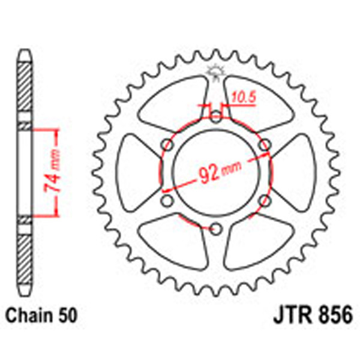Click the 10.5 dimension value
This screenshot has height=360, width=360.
coord(240,96)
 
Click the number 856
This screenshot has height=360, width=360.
coord(332,314)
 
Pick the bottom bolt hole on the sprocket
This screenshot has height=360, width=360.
coord(215,227)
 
